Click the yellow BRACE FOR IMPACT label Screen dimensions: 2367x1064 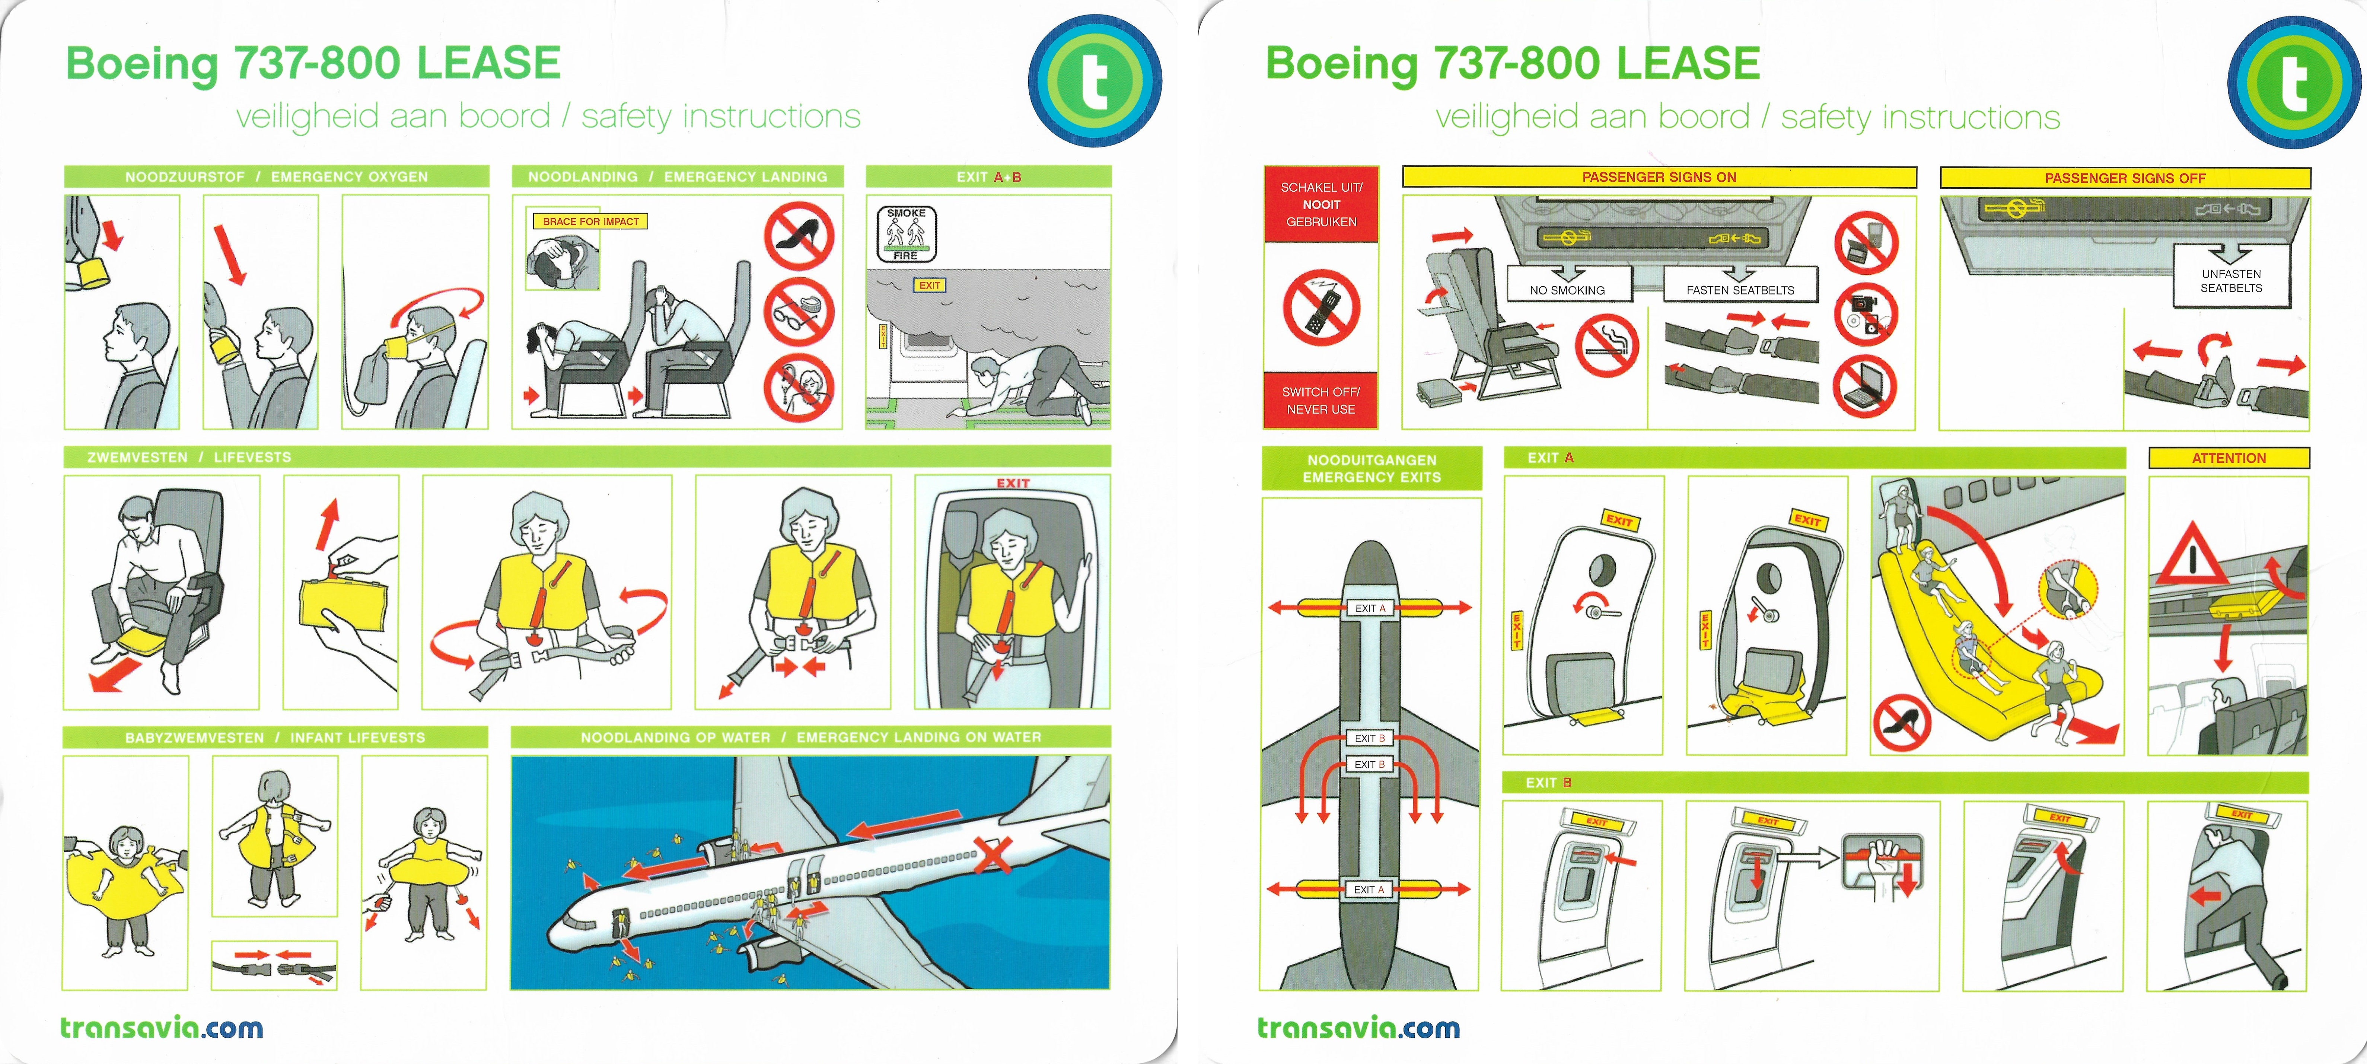click(x=590, y=222)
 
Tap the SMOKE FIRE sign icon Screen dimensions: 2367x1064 click(x=906, y=234)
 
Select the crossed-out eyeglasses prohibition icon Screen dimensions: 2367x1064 click(x=799, y=312)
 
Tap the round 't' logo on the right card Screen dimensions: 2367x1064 click(x=2294, y=82)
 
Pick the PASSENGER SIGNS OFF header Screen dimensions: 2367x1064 click(x=2124, y=177)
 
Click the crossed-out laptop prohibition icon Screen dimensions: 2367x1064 click(x=1865, y=387)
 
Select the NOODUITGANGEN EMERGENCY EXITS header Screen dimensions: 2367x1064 click(x=1372, y=469)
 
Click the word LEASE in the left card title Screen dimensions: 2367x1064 click(x=488, y=63)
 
